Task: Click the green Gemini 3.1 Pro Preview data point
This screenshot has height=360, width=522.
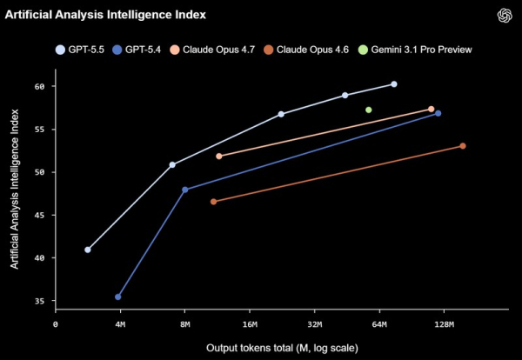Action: click(369, 110)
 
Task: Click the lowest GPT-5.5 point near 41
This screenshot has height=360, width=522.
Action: click(88, 250)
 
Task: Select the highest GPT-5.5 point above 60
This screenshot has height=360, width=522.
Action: click(394, 84)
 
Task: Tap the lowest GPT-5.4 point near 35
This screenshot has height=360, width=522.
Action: click(117, 297)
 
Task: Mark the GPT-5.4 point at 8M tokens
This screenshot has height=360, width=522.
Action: click(184, 190)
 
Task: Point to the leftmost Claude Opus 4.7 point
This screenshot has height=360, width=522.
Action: click(219, 156)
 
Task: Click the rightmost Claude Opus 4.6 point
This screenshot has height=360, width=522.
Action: click(463, 146)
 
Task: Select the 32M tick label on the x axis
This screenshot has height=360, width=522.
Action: click(314, 324)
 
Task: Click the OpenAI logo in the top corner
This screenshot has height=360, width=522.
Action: click(503, 16)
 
